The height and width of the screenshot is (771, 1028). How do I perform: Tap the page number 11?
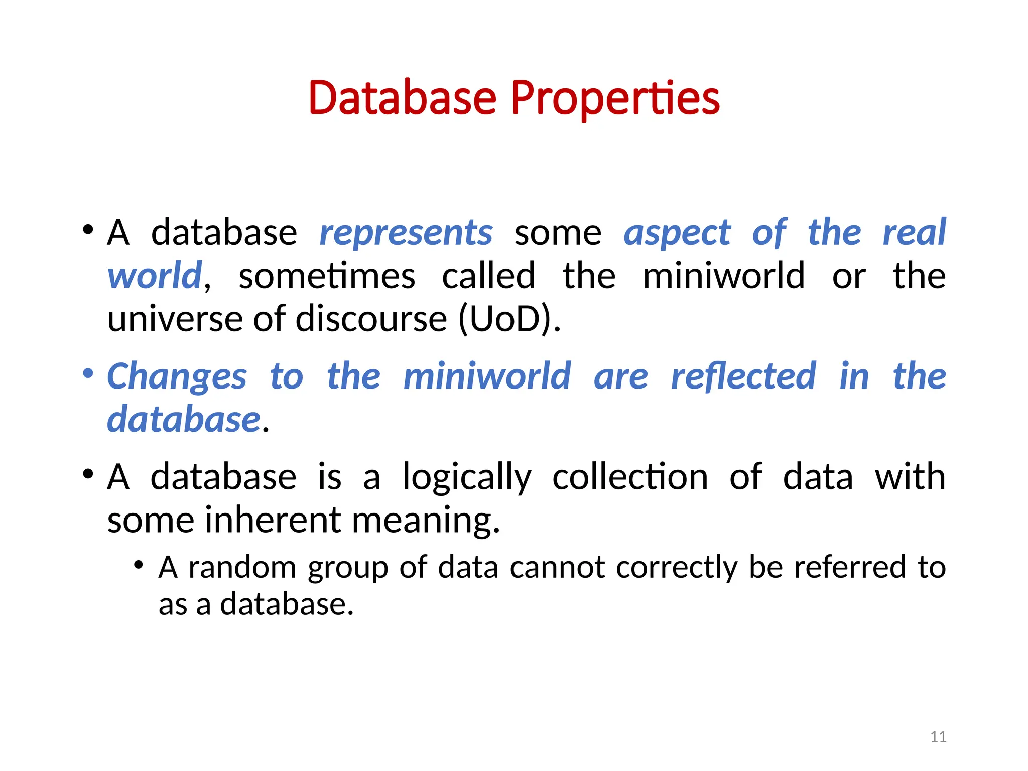click(x=938, y=737)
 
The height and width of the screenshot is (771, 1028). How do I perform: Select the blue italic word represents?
click(x=406, y=233)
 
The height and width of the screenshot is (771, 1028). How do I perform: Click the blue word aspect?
click(x=677, y=233)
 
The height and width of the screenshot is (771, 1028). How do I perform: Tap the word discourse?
click(x=371, y=319)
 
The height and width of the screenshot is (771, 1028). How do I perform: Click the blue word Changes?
click(x=177, y=376)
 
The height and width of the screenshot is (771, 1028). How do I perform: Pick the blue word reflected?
click(x=743, y=376)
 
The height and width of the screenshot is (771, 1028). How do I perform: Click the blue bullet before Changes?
click(x=88, y=373)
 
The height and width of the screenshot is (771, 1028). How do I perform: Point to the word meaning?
click(x=426, y=520)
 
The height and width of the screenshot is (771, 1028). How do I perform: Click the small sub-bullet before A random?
click(x=139, y=565)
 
